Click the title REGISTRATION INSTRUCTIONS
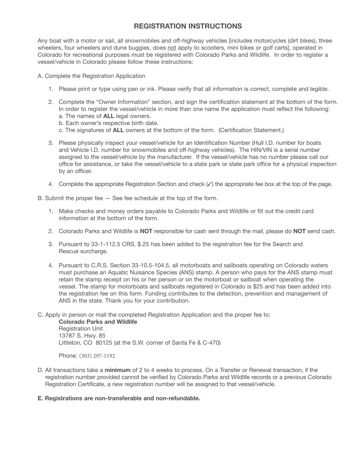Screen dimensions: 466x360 coord(188,26)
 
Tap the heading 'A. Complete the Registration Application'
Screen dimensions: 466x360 coord(91,76)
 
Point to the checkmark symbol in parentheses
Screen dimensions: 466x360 coord(210,185)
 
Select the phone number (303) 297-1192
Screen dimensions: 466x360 coord(97,356)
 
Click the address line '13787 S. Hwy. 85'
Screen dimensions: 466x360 coord(82,336)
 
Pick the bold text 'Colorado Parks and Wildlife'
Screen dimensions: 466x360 coord(98,322)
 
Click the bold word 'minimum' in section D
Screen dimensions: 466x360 coord(117,370)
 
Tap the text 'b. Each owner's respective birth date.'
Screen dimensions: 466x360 coord(108,123)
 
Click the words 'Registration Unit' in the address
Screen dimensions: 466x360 coord(81,328)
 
